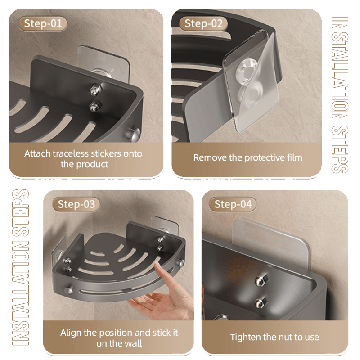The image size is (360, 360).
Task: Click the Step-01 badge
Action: (43, 24)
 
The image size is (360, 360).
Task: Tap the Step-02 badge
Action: (203, 24)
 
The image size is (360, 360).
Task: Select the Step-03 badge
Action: (76, 204)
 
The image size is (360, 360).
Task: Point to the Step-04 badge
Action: (233, 204)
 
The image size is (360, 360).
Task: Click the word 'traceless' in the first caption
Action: (71, 153)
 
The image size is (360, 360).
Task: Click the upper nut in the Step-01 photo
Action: (94, 89)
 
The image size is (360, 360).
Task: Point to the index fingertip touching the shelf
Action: (157, 265)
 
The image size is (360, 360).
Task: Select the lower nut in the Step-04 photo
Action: (260, 302)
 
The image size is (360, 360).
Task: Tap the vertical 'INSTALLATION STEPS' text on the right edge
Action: (340, 94)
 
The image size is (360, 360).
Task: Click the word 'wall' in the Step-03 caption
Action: (133, 343)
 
